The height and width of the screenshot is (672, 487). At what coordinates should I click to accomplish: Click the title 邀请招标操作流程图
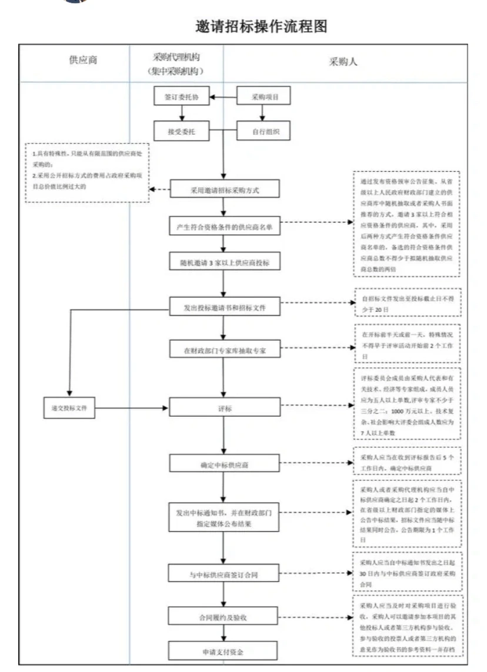[261, 26]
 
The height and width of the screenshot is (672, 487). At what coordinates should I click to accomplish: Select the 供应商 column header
[82, 61]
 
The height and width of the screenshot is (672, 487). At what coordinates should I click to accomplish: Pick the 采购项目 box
[264, 97]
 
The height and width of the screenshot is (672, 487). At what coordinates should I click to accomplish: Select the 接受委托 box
[181, 131]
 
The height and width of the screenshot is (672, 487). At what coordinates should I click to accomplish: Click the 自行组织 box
[264, 131]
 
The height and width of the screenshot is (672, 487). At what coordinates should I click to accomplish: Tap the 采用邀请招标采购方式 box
[224, 190]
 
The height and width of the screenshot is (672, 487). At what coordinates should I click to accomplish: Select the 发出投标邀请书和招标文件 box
[224, 307]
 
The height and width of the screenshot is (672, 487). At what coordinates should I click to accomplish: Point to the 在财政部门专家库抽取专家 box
[224, 350]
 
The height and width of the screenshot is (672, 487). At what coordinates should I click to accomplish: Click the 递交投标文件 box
[69, 408]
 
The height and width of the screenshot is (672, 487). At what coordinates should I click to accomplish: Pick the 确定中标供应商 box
[224, 464]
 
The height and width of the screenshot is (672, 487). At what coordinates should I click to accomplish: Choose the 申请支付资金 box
[224, 651]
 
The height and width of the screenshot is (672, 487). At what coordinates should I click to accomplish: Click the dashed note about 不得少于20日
[406, 302]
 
